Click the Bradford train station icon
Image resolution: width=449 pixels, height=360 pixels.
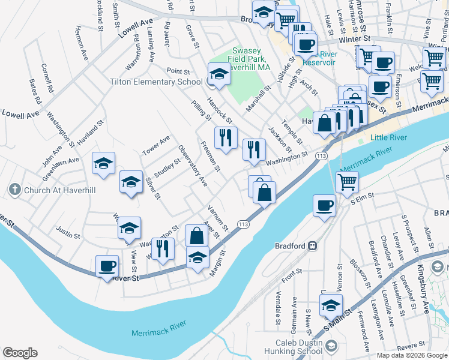312,245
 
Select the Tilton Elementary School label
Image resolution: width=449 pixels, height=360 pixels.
156,82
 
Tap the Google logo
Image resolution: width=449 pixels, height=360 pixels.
20,353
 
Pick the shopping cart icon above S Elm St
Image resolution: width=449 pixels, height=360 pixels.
348,182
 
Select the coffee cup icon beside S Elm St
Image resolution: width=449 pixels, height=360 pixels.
325,205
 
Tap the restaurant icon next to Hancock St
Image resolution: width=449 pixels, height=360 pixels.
226,137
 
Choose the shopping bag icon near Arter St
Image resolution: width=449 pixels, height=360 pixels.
197,235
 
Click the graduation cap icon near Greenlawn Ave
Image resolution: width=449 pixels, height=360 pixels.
103,163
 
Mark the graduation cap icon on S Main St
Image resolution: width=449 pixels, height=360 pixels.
331,305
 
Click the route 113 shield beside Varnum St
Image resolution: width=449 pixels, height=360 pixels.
243,224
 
